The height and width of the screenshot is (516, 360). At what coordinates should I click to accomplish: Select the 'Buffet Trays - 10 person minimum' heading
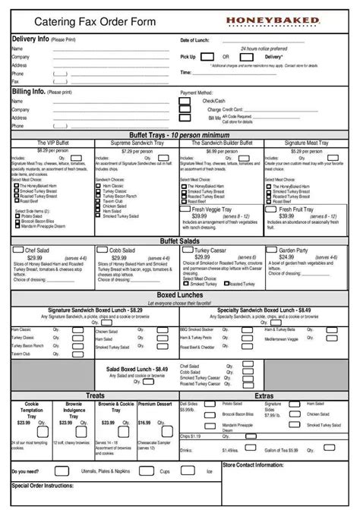(179, 134)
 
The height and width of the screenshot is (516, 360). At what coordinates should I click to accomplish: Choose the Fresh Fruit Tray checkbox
(271, 208)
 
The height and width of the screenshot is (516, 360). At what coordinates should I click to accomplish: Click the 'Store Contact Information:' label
(254, 464)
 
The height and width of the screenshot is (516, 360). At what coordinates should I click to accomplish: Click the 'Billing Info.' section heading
(29, 90)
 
